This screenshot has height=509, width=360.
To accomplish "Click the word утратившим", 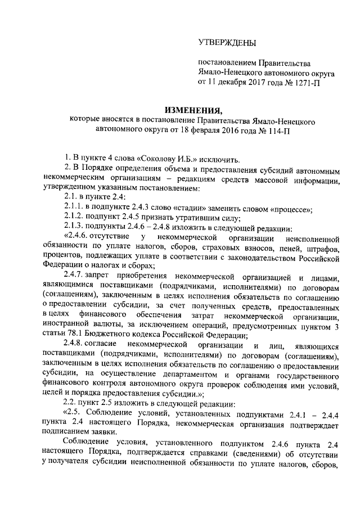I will [190, 219].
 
